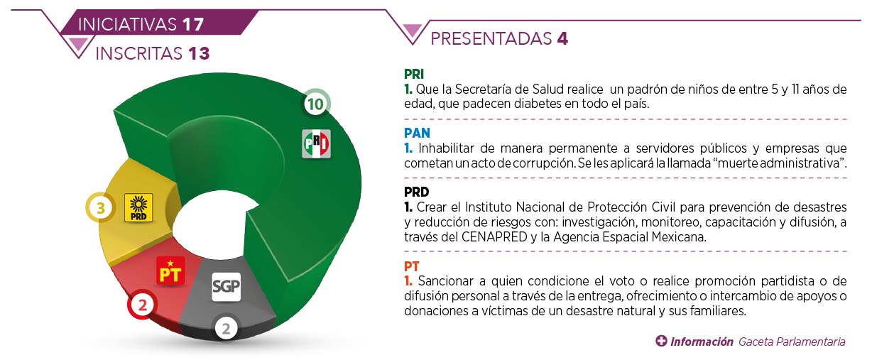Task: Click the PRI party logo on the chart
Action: [316, 144]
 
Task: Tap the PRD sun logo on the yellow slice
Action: [138, 208]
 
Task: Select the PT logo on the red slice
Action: [170, 271]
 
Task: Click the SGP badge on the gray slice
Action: [227, 287]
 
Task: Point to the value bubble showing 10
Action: [316, 104]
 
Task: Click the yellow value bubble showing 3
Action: [100, 207]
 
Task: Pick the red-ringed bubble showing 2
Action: [142, 305]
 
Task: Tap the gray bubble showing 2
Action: [227, 329]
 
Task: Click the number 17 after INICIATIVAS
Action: [193, 25]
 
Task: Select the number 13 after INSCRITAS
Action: [199, 54]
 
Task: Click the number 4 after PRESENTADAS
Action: [562, 38]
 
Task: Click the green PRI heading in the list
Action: [414, 74]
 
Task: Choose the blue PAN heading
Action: [417, 133]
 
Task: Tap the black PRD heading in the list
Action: [417, 192]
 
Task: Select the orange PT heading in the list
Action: [411, 266]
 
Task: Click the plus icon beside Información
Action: [661, 341]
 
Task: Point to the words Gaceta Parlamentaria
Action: [792, 342]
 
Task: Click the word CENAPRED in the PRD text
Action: [494, 236]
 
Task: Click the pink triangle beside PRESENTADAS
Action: [412, 30]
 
